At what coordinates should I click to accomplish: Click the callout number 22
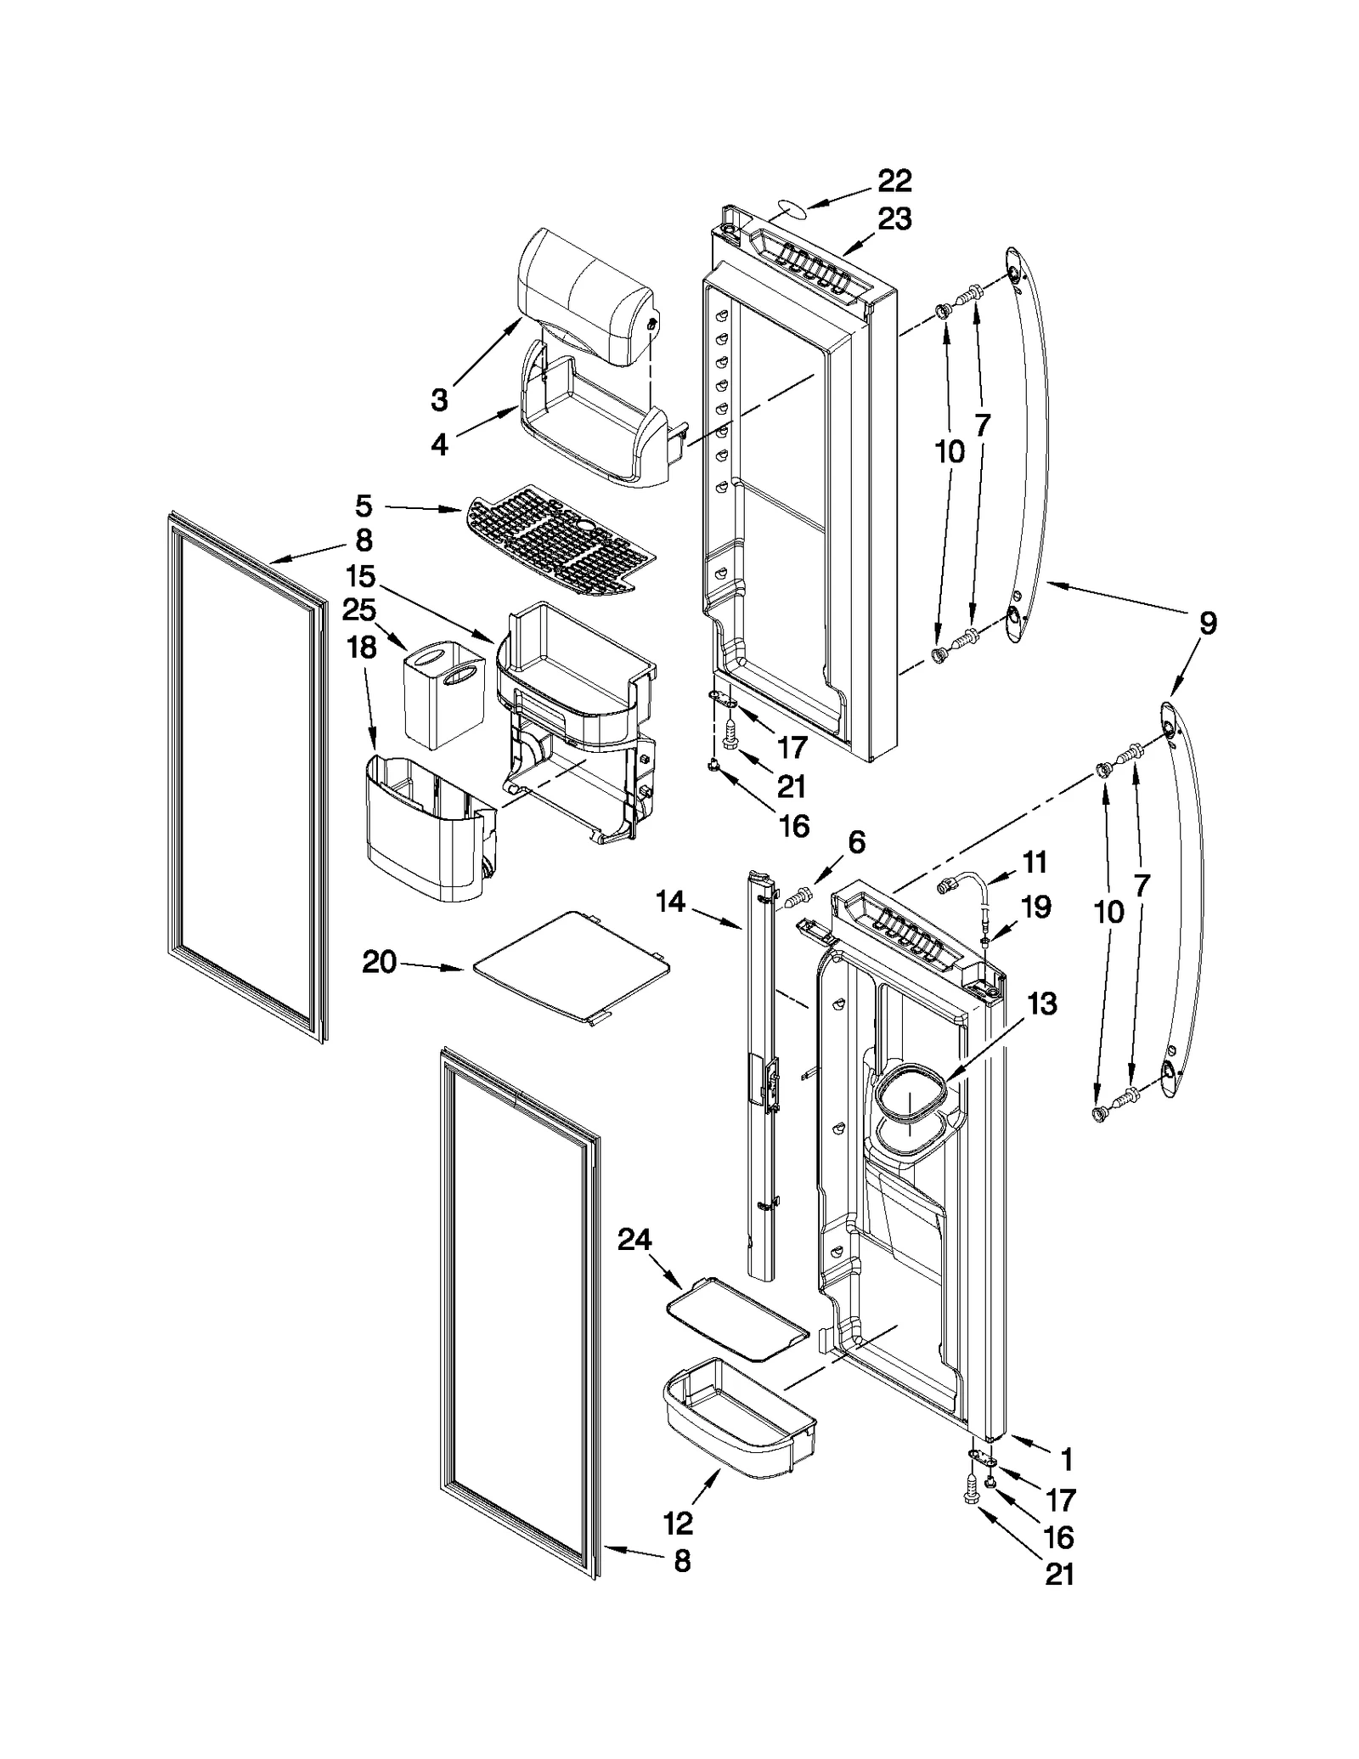894,180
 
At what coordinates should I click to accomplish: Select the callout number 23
894,219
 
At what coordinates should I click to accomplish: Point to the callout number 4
438,444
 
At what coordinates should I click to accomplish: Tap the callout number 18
362,648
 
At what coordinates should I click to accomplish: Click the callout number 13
1041,1004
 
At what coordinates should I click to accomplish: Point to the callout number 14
671,902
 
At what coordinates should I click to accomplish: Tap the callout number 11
1034,863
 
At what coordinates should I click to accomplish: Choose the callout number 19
1035,907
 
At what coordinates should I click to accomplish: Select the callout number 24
634,1241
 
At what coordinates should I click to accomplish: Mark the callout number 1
1067,1460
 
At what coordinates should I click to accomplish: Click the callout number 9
1207,623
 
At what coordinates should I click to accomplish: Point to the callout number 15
360,576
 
